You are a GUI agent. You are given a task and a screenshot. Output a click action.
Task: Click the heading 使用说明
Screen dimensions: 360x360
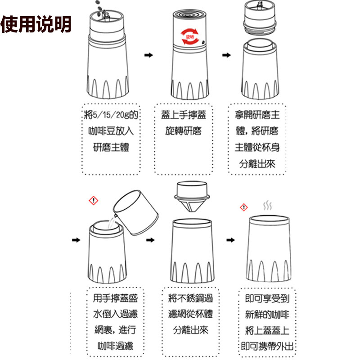coord(36,25)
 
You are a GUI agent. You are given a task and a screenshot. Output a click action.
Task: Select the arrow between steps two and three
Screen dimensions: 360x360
coord(227,55)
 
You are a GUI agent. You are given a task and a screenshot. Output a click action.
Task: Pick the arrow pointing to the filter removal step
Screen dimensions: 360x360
coord(150,240)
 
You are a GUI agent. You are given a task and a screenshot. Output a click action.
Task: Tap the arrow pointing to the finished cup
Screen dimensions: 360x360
coord(230,240)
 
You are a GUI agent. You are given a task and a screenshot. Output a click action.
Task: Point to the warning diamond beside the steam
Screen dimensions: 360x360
coord(243,207)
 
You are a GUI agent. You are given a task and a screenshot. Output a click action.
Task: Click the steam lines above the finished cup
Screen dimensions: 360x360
coord(267,206)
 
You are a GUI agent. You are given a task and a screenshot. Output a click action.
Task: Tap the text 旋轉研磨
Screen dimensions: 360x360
coord(183,131)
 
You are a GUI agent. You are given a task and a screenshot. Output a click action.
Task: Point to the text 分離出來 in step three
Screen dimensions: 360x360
coord(257,163)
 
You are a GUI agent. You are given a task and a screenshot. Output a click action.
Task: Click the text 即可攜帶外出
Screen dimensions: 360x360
coord(267,346)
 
